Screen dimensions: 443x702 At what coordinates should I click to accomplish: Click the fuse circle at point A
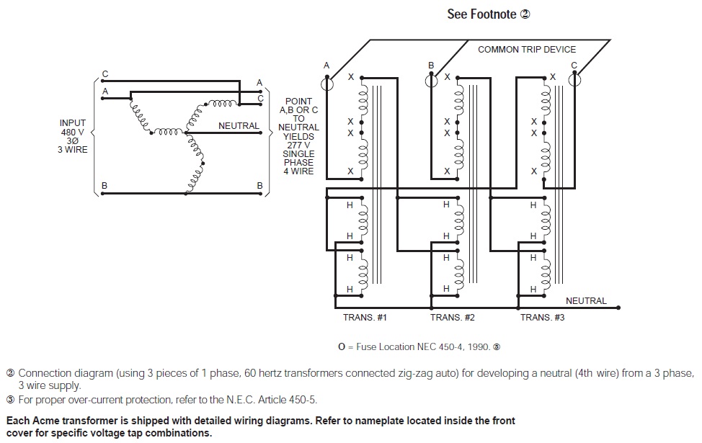click(326, 81)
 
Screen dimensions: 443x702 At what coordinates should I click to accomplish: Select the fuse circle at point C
click(574, 81)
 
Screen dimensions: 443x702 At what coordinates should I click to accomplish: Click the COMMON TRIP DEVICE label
click(527, 49)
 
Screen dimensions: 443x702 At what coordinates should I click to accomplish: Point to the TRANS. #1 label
click(365, 317)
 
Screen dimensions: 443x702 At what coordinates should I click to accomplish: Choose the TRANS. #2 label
click(453, 317)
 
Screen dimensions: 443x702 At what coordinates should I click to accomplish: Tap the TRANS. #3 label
click(543, 317)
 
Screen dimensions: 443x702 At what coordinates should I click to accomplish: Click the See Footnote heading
click(489, 14)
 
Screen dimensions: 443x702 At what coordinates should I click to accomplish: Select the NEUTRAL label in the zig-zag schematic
click(239, 126)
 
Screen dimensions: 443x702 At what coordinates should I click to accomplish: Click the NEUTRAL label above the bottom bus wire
click(586, 300)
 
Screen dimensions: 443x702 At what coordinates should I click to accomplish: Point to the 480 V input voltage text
click(73, 132)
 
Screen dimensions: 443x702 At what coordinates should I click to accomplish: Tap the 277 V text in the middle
click(298, 145)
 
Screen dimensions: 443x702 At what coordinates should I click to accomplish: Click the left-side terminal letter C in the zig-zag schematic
click(105, 74)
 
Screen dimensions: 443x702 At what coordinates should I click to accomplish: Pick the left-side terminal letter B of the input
click(105, 185)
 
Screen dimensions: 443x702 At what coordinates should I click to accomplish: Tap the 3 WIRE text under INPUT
click(73, 150)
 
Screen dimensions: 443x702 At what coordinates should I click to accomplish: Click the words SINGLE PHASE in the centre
click(298, 158)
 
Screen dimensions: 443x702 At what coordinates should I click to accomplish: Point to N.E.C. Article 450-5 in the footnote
click(275, 400)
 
